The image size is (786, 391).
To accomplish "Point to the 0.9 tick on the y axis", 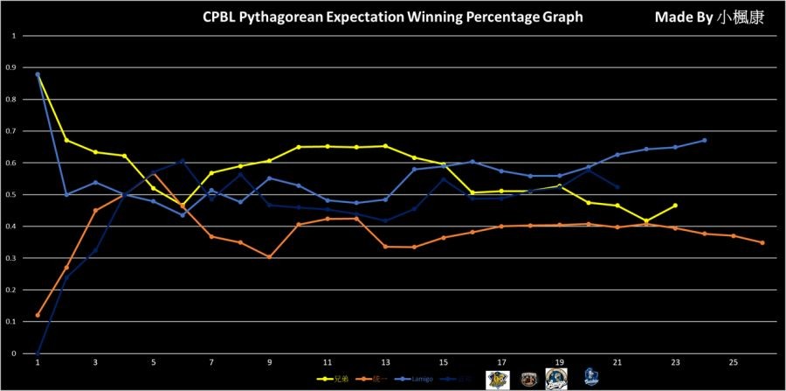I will pos(12,67).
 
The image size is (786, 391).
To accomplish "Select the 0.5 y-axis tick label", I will pos(12,194).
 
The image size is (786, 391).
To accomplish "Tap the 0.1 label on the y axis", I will pos(12,322).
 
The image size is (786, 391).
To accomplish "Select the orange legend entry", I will pos(376,380).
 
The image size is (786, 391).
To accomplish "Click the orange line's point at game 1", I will pos(38,315).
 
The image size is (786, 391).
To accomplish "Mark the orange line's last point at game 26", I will pos(762,242).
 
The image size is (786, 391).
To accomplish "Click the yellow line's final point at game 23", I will pos(675,206).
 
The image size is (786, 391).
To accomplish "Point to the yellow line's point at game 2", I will pos(66,140).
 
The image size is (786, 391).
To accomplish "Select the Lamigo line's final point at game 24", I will pos(704,140).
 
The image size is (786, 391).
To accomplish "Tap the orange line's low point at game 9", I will pos(269,257).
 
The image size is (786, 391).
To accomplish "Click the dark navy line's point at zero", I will pos(38,353).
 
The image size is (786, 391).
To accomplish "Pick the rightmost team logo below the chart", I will pos(590,377).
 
